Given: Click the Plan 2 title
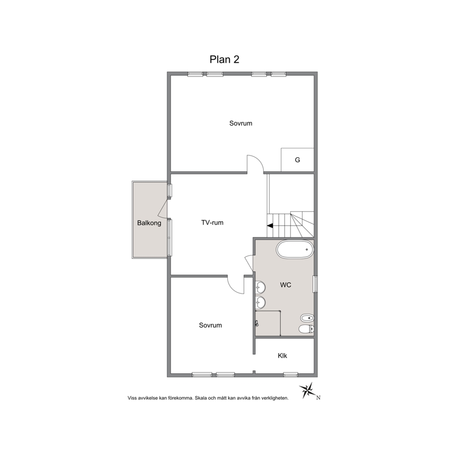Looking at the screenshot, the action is point(224,59).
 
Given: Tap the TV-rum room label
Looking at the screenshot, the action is point(212,223).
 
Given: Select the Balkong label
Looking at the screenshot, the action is point(149,223).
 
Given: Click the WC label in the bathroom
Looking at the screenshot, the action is point(286,285).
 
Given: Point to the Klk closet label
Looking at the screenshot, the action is point(282,356).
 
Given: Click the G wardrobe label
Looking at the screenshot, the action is point(297,160).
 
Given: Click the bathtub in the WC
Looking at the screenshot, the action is point(295,250).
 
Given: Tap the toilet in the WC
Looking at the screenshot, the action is point(306,330).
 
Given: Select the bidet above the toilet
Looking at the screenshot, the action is point(307,318).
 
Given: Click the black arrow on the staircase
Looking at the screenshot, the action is point(270,226).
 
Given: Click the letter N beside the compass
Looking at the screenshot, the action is point(318,397).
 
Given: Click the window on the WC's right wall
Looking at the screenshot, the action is point(315,284).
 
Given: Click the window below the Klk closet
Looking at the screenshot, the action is point(291,374).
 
